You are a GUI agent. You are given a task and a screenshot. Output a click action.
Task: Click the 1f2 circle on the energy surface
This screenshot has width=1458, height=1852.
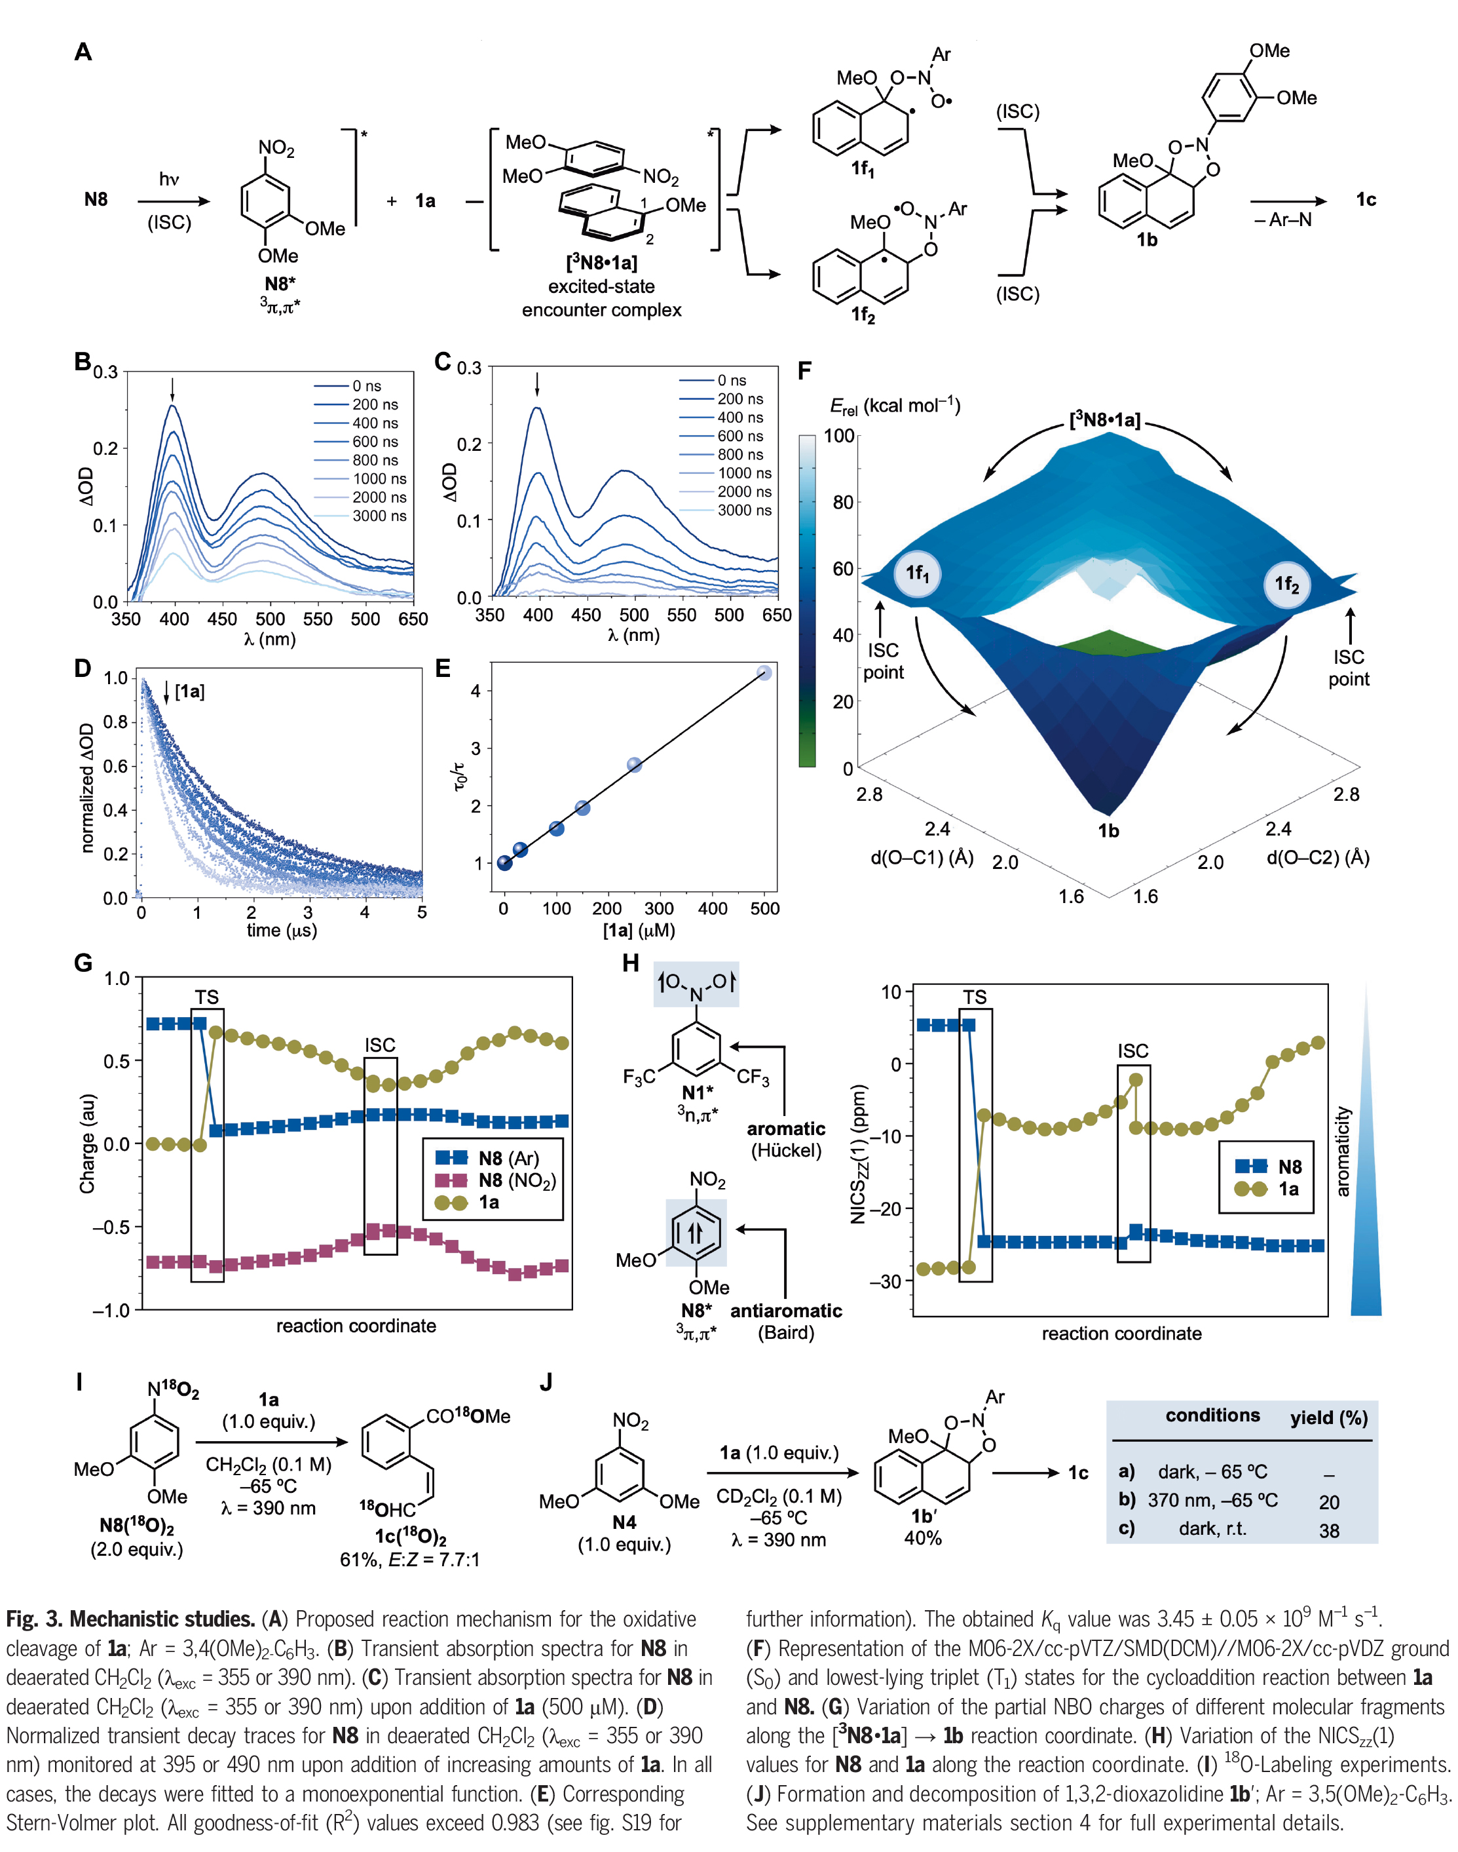(1286, 584)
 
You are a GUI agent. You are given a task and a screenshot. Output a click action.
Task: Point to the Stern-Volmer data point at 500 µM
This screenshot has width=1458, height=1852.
(764, 673)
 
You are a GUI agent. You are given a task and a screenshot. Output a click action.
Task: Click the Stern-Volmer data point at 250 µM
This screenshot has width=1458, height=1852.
(634, 764)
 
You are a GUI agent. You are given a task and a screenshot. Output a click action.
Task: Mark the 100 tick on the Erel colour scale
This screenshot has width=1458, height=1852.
(839, 436)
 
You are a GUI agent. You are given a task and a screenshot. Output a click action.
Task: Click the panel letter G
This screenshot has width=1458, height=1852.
(83, 963)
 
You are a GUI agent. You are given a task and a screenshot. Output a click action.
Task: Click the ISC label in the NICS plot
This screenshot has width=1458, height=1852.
(1132, 1051)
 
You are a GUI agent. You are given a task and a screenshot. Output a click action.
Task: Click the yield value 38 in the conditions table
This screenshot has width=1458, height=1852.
(1329, 1531)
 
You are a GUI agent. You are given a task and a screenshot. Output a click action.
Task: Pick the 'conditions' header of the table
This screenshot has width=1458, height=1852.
(1212, 1415)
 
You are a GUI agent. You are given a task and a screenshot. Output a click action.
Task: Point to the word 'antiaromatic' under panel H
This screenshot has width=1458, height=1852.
(785, 1311)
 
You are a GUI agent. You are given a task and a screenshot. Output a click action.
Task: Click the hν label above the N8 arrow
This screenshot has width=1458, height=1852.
(169, 180)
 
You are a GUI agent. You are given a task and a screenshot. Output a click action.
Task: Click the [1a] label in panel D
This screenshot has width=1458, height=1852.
(189, 691)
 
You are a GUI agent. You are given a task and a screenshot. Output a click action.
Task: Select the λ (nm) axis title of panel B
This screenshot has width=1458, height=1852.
(270, 639)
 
